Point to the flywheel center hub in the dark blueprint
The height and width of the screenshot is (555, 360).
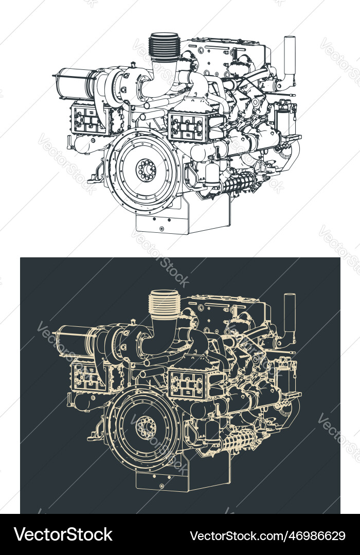(145, 426)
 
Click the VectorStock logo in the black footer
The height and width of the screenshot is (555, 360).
(63, 535)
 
